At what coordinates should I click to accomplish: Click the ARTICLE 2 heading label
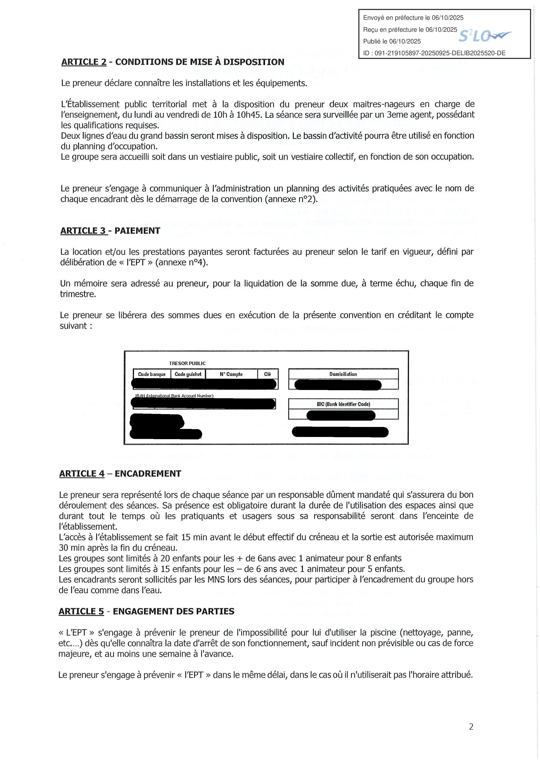(x=84, y=62)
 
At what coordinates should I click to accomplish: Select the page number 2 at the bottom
(x=471, y=727)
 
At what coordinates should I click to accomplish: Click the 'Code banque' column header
(x=152, y=374)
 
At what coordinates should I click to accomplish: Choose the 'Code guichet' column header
(x=188, y=374)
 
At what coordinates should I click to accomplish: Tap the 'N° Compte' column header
(x=231, y=374)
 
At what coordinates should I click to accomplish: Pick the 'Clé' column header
(x=267, y=374)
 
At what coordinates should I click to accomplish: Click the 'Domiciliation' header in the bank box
(x=343, y=374)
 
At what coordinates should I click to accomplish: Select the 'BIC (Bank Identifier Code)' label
(x=343, y=404)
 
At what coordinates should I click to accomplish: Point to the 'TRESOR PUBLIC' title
(x=187, y=363)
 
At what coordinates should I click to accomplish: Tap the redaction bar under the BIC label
(x=341, y=415)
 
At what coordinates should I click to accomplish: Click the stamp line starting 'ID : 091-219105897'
(x=434, y=53)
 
